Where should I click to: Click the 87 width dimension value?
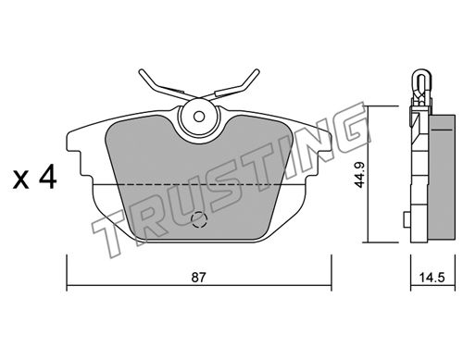coord(198,278)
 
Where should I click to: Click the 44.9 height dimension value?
coord(359,175)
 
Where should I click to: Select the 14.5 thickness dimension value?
coord(432,278)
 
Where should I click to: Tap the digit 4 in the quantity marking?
coord(47,176)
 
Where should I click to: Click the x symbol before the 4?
coord(20,180)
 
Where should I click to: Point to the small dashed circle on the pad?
coord(198,219)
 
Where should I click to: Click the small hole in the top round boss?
coord(199,117)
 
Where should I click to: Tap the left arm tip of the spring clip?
coord(142,72)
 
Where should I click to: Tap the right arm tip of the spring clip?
coord(257,71)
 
